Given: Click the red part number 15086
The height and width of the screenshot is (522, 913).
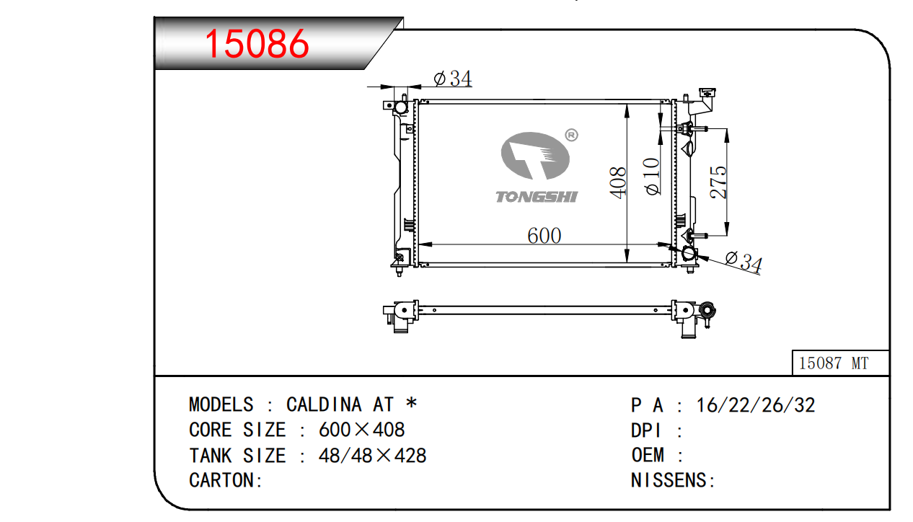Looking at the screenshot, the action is click(257, 43).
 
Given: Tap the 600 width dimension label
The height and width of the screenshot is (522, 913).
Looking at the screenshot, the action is click(544, 236).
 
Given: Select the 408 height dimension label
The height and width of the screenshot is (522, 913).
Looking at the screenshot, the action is click(618, 182).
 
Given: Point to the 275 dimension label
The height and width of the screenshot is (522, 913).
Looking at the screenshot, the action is click(718, 182).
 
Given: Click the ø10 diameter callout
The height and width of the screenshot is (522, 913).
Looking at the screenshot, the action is click(652, 177).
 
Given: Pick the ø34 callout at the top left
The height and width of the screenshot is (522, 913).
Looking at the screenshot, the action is click(452, 79).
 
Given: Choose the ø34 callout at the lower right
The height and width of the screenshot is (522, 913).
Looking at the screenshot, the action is click(744, 261).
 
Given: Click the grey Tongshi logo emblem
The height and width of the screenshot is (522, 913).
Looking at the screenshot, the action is click(535, 156).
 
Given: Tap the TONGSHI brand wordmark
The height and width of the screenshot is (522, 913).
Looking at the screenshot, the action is click(537, 198).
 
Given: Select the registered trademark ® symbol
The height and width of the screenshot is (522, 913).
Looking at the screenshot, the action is click(571, 135).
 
